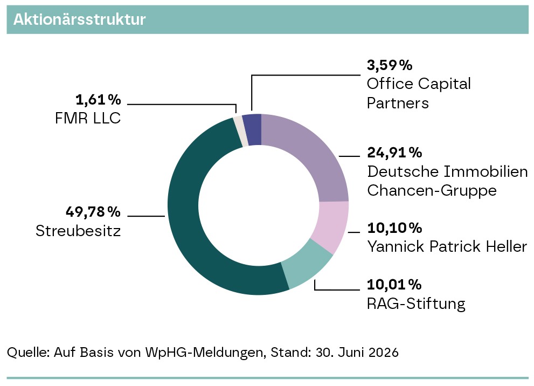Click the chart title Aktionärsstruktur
pos(79,19)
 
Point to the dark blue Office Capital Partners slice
pos(254,130)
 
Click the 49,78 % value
pos(93,212)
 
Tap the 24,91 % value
pos(394,153)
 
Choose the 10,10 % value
pos(394,228)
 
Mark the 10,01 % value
pos(394,285)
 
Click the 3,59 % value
pos(390,65)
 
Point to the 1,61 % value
pos(98,100)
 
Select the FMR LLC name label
pos(88,119)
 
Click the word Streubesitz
pos(78,231)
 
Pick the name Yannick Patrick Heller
pos(447,246)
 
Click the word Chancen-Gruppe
pos(432,191)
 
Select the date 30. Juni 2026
pos(357,352)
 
